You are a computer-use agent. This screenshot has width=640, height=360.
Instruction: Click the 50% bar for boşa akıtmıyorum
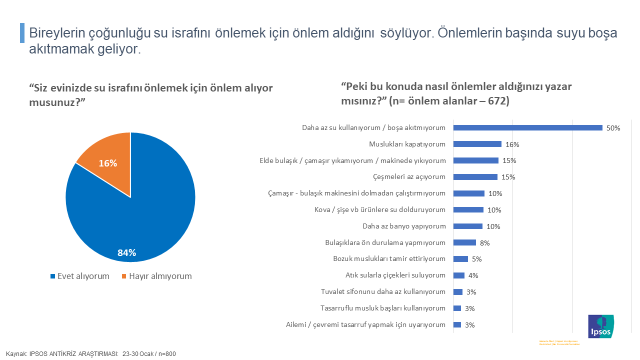click(528, 128)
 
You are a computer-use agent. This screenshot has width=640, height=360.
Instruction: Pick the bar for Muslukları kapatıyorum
click(478, 144)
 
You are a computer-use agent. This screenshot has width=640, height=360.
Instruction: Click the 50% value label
click(613, 128)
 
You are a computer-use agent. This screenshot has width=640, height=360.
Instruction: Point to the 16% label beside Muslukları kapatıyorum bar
click(512, 144)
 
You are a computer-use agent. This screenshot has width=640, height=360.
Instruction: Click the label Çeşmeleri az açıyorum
click(411, 177)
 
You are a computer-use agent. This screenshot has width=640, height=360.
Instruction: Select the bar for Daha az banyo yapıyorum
click(469, 226)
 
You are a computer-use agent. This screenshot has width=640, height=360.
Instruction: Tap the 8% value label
click(484, 242)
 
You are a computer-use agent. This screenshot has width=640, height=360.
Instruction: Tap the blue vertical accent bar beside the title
click(23, 33)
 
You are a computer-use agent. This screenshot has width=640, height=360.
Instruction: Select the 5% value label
click(475, 259)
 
